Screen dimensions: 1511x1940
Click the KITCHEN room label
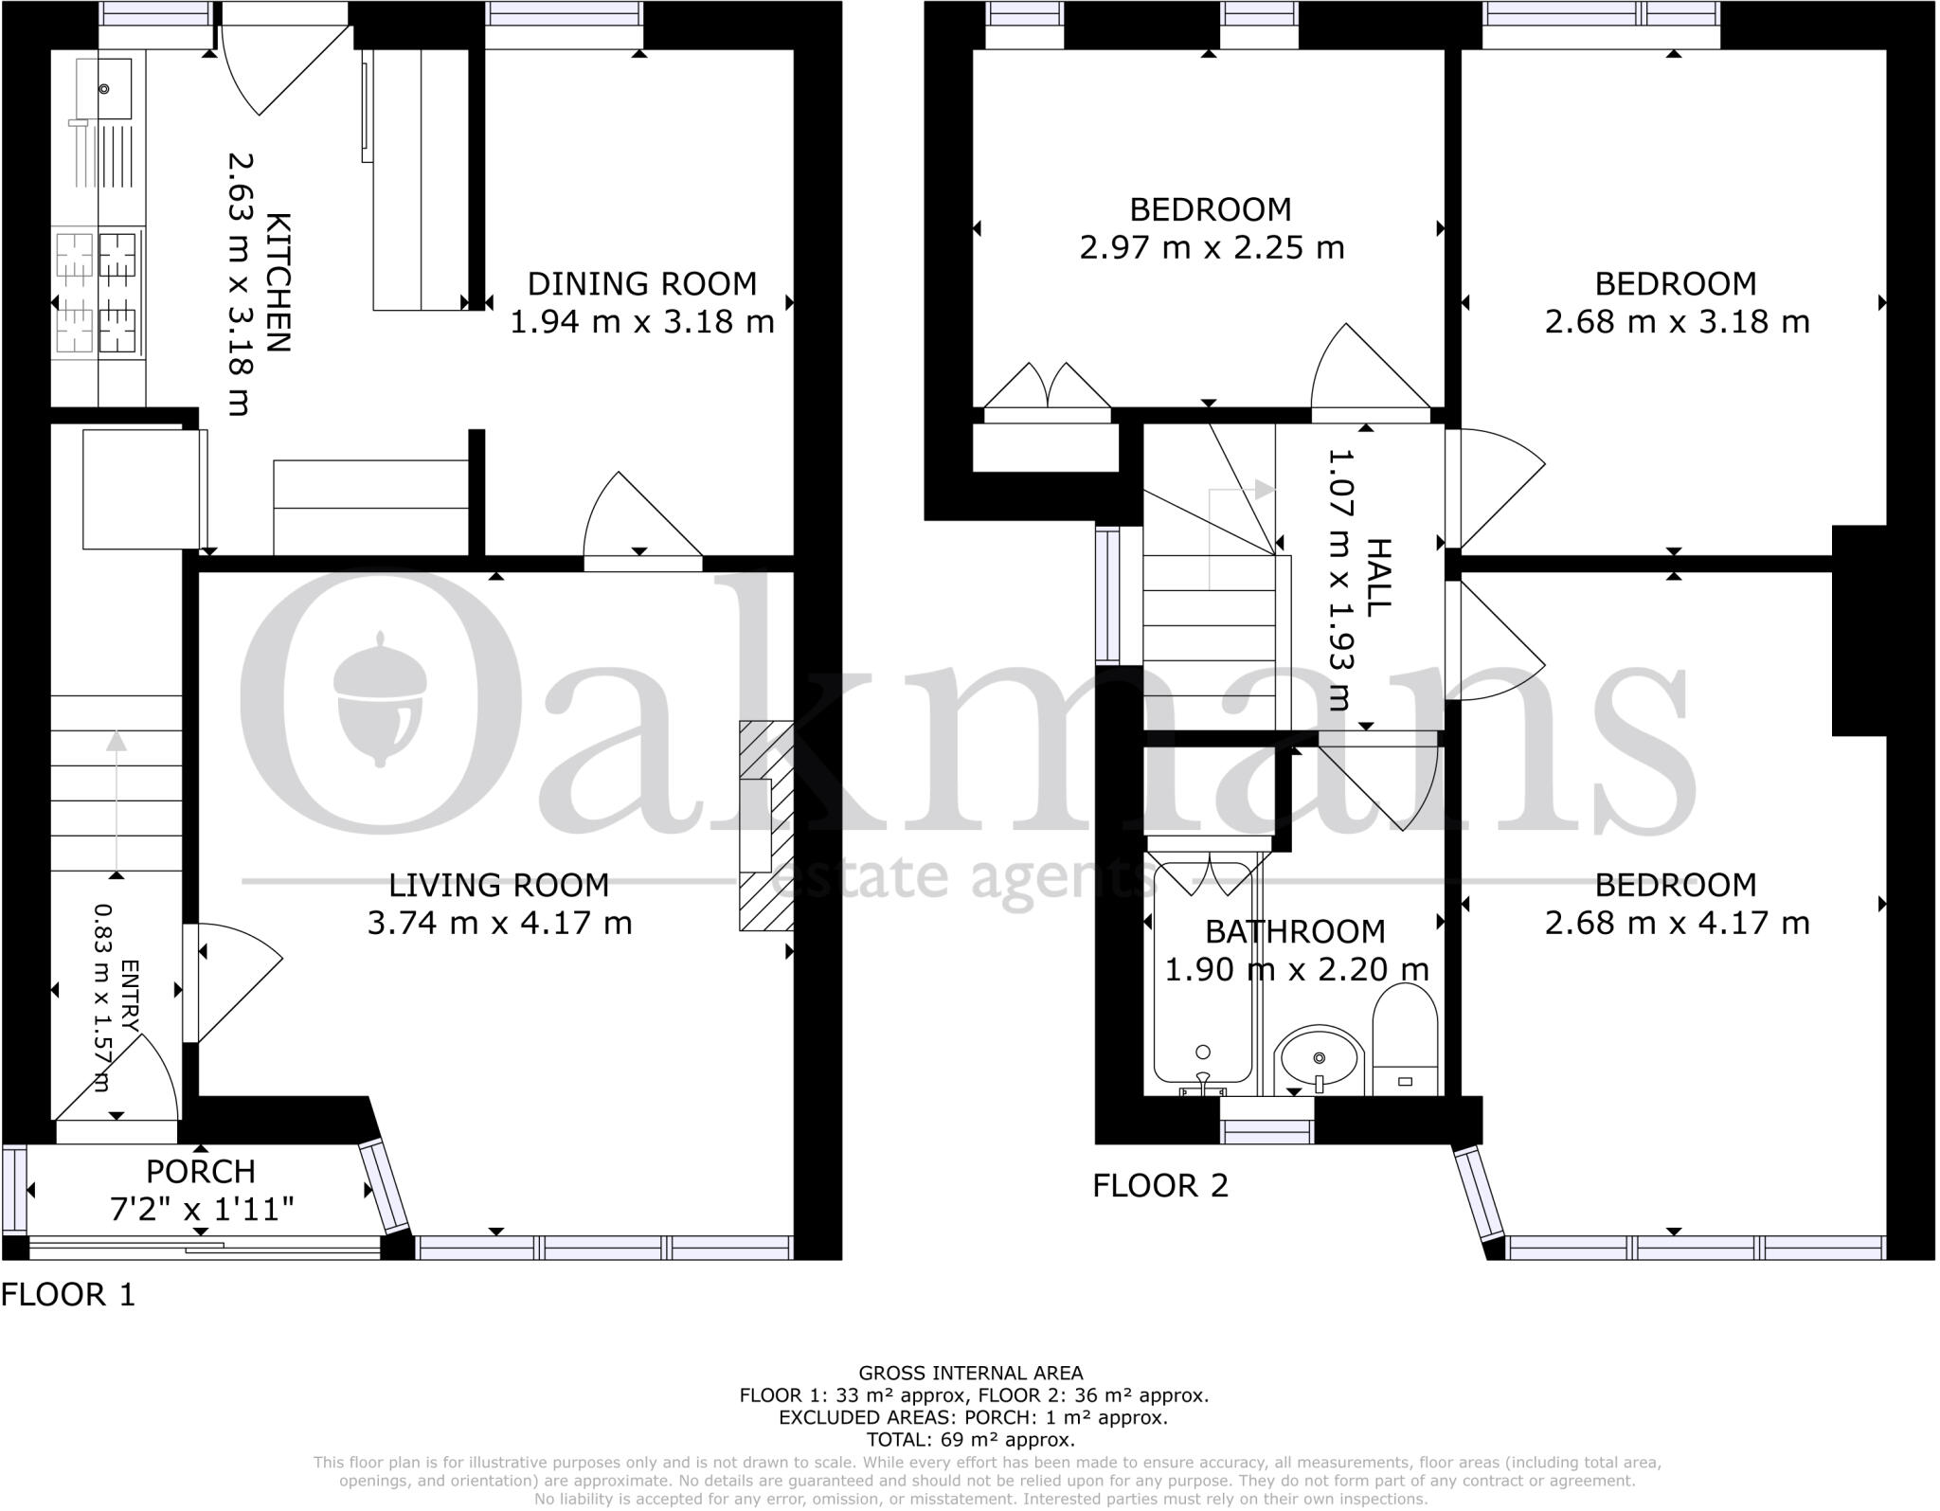278,282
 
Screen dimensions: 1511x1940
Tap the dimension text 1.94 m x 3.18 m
642,322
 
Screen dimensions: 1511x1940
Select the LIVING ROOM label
499,885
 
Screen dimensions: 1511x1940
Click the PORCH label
201,1172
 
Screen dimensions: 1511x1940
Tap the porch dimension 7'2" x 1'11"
201,1209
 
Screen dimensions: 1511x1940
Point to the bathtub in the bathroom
1202,976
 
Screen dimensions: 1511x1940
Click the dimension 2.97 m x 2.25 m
1212,248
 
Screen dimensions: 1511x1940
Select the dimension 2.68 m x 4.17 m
1677,923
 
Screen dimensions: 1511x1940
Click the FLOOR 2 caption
1160,1185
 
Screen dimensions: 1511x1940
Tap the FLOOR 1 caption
68,1294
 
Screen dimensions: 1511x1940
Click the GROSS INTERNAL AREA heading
970,1373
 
